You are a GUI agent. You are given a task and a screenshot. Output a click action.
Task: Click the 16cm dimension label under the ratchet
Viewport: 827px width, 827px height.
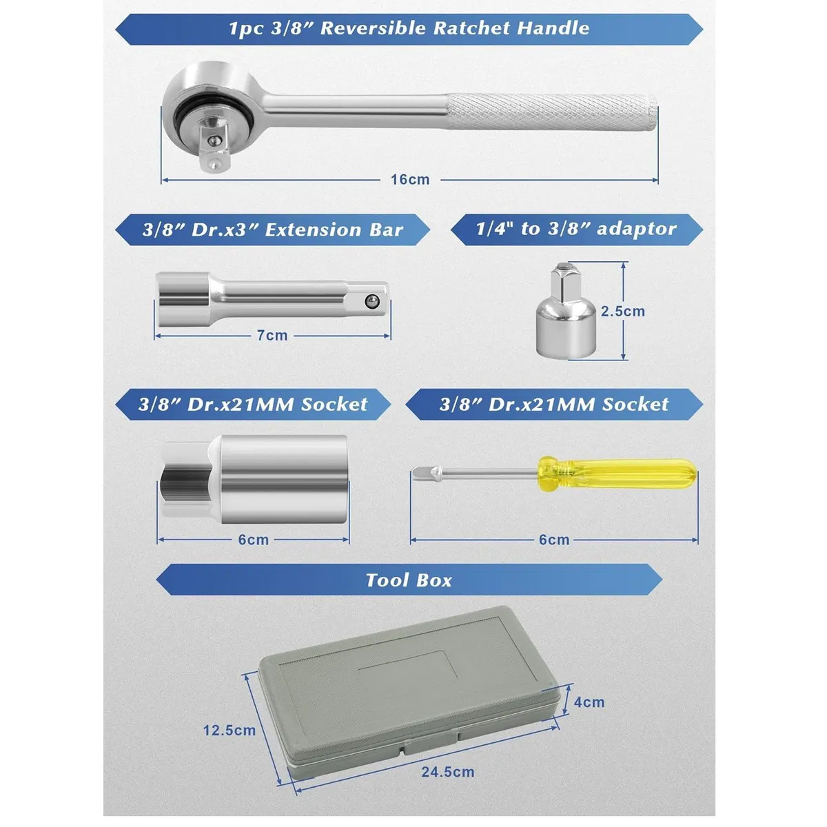410,179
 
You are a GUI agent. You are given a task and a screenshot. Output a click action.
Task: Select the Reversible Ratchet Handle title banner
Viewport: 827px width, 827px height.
409,29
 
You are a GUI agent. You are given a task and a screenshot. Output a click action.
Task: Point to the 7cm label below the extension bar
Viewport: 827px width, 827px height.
272,335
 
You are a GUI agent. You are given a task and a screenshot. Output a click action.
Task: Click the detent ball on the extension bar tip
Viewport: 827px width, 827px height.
371,301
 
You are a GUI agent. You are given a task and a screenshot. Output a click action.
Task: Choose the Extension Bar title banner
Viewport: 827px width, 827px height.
272,229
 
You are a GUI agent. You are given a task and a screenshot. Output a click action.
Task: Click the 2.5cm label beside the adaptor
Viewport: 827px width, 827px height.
623,311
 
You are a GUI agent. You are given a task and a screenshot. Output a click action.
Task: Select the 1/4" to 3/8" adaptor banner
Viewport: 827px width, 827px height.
576,229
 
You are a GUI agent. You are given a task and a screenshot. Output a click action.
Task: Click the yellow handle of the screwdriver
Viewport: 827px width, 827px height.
617,473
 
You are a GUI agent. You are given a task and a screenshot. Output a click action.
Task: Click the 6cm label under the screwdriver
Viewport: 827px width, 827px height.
554,540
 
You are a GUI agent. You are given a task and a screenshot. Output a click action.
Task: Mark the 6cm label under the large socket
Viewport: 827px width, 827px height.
253,540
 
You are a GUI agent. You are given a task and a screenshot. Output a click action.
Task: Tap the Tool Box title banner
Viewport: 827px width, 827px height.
409,580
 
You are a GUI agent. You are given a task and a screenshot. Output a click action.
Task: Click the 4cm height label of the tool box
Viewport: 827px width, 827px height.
589,702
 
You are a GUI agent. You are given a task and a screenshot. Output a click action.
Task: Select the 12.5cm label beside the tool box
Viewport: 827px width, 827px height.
229,730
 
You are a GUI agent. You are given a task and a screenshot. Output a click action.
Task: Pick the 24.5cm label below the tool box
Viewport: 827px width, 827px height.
448,772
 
